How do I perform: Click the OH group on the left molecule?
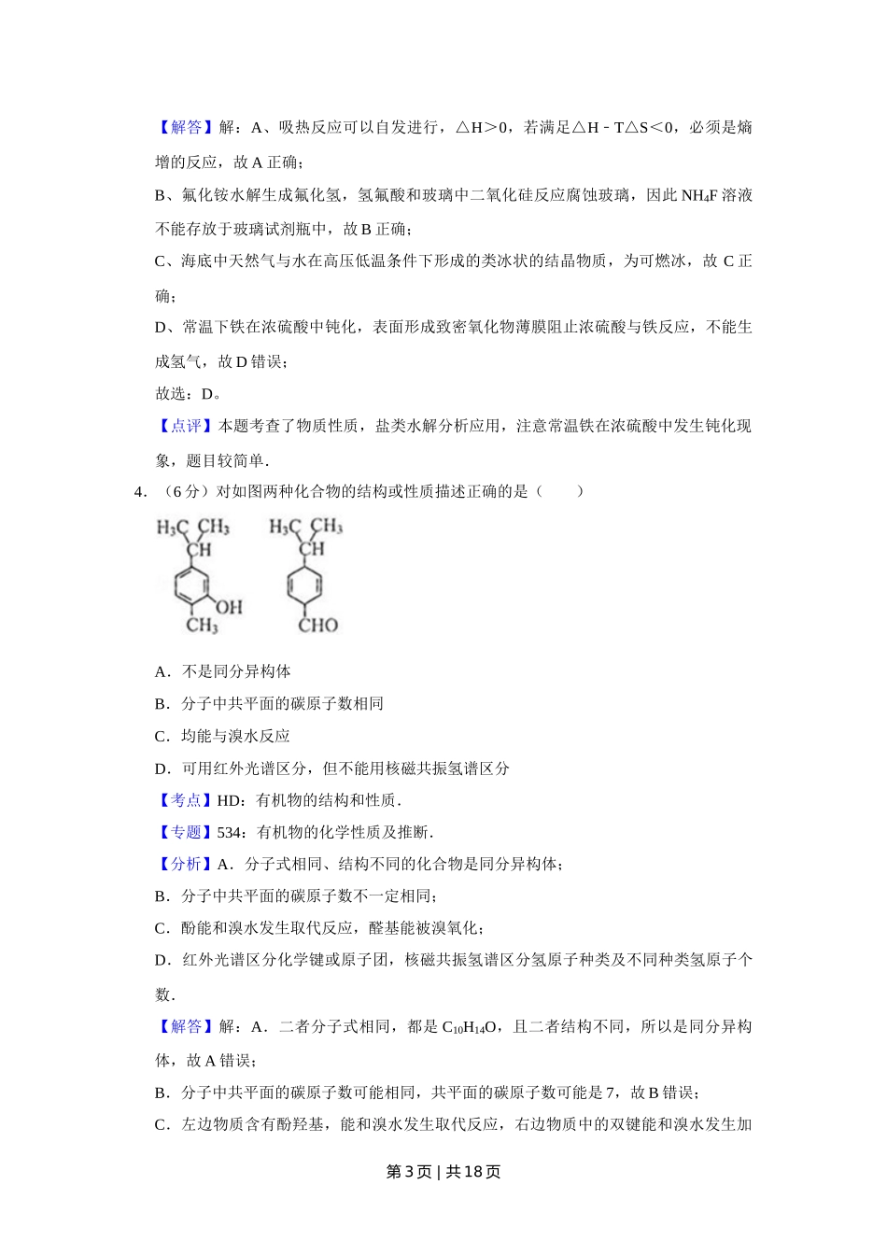[229, 607]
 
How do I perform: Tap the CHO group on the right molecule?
[317, 625]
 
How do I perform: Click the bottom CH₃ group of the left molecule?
[202, 625]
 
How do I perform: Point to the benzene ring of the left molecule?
[195, 586]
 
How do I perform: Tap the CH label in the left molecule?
[199, 549]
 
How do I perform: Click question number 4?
[140, 491]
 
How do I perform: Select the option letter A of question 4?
[162, 671]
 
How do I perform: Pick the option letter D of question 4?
[162, 769]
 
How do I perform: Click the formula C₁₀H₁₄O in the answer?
[469, 1027]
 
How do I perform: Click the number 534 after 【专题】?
[229, 832]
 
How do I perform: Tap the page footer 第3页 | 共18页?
[443, 1172]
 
